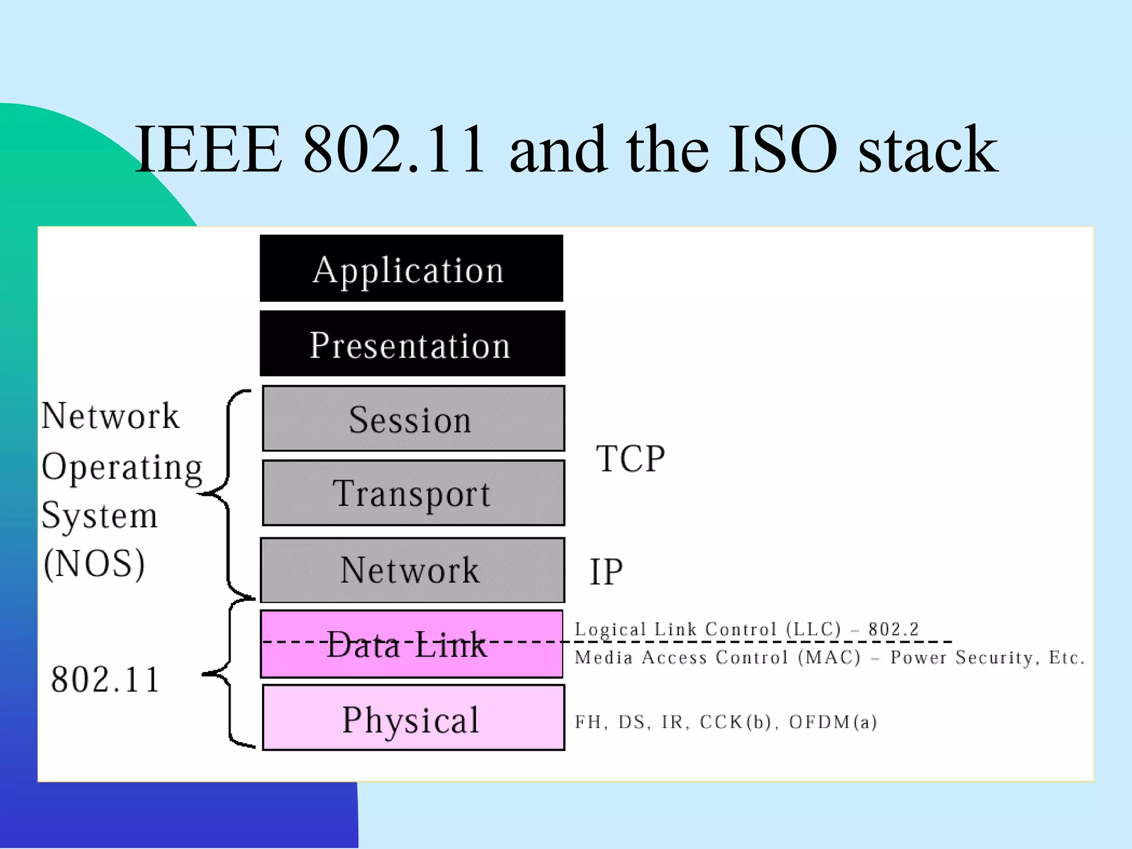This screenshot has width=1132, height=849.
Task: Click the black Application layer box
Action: click(411, 269)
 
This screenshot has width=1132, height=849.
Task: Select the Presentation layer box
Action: click(412, 344)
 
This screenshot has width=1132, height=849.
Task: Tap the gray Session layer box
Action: click(413, 418)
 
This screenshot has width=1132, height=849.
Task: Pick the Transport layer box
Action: click(413, 493)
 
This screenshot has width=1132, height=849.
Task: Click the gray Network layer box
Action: click(412, 570)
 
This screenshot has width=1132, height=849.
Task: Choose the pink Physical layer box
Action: click(413, 717)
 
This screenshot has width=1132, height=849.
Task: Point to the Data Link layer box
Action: click(411, 644)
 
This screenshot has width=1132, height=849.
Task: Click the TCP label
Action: click(630, 459)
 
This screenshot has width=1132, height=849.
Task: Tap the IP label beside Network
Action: click(606, 572)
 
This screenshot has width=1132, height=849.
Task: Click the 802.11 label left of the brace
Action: click(105, 679)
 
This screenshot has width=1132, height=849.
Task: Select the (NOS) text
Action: click(95, 564)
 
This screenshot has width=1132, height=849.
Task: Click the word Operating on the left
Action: click(122, 468)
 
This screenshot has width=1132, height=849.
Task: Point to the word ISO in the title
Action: click(783, 149)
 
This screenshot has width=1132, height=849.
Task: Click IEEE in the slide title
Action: click(208, 149)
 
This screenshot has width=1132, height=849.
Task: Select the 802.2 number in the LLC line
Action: click(893, 629)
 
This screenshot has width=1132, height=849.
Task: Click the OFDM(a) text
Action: click(832, 722)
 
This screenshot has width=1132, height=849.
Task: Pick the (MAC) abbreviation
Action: click(829, 658)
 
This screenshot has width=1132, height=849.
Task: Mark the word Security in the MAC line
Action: click(994, 658)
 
